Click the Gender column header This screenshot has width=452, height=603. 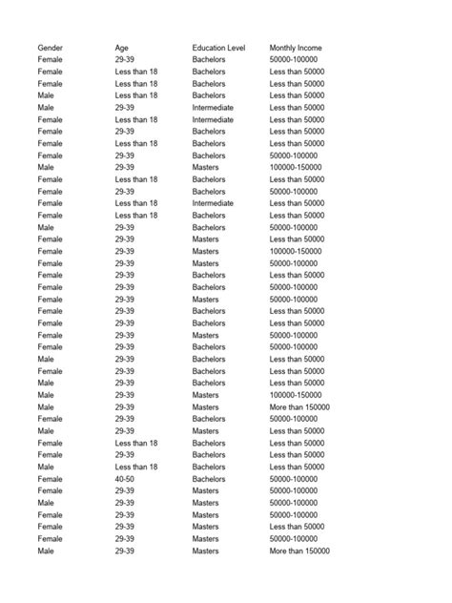click(51, 48)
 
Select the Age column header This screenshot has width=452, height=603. click(122, 48)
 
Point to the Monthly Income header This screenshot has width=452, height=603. click(296, 48)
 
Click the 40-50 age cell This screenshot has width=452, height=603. click(125, 479)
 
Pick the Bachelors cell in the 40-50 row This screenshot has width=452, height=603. click(209, 479)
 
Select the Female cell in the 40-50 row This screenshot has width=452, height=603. click(51, 479)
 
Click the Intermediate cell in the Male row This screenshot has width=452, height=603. click(213, 108)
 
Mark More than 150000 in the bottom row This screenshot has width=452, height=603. click(299, 551)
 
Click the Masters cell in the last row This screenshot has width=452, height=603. click(205, 551)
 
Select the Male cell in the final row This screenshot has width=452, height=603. click(46, 551)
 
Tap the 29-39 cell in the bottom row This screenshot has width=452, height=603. click(125, 551)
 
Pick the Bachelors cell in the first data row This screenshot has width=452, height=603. click(209, 59)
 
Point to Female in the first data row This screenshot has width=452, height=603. click(51, 59)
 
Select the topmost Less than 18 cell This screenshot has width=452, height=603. click(136, 72)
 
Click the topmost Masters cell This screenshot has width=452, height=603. click(205, 167)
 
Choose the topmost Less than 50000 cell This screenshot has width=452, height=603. click(298, 72)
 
